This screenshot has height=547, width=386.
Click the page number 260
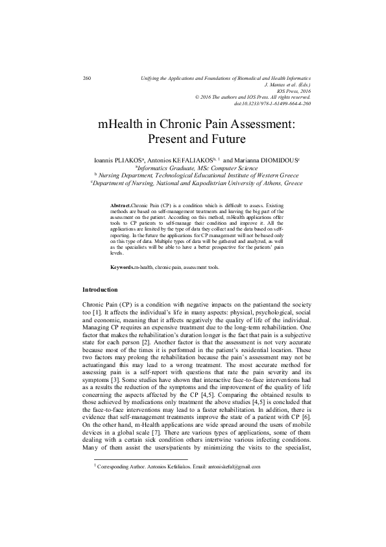[87, 79]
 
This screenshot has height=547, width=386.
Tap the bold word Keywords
[123, 267]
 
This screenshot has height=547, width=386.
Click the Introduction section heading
[100, 289]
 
